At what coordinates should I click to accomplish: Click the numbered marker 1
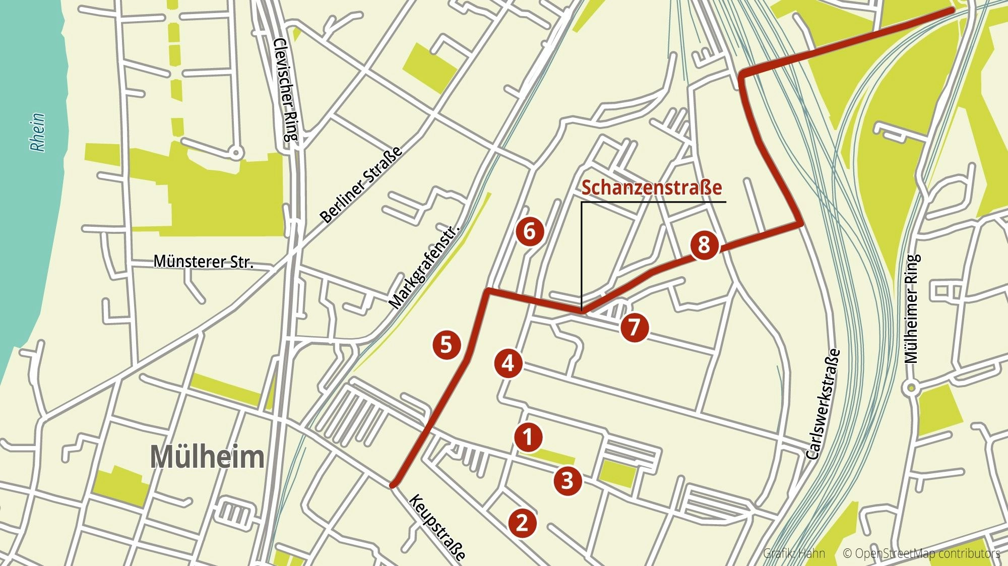click(x=528, y=436)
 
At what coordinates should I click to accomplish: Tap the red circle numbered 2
click(x=522, y=523)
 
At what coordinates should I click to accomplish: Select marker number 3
click(x=568, y=480)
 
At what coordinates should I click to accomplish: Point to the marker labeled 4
click(x=508, y=363)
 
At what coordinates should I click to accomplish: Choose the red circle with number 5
click(x=447, y=345)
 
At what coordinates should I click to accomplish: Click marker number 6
click(x=529, y=231)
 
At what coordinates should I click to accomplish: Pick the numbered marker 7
click(x=634, y=327)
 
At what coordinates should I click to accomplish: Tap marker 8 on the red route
click(x=704, y=245)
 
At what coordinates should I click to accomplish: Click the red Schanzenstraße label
click(x=652, y=187)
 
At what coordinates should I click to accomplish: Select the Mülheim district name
click(x=207, y=457)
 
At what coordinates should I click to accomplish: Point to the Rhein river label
click(x=38, y=132)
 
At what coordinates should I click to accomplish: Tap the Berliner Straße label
click(x=361, y=184)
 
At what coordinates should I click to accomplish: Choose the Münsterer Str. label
click(x=203, y=262)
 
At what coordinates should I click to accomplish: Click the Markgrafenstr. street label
click(x=424, y=267)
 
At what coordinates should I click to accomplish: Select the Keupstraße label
click(x=437, y=527)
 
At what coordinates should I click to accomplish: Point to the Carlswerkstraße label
click(x=823, y=404)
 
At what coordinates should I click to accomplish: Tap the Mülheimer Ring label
click(x=912, y=308)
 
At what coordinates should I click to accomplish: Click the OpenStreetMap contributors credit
click(x=921, y=553)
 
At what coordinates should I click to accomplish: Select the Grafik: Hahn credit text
click(x=794, y=553)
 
